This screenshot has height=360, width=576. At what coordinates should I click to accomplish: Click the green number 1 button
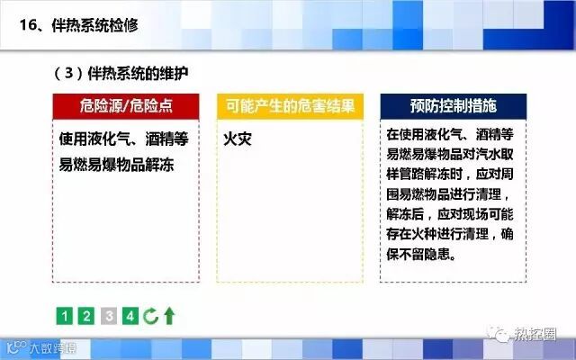64,316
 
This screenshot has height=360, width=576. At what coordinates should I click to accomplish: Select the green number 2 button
86,316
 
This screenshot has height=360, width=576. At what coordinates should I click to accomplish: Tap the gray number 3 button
109,316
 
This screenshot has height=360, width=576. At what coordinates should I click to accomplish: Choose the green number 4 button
130,316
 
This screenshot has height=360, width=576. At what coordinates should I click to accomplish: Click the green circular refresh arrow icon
150,316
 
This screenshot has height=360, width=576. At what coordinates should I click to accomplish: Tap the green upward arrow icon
169,316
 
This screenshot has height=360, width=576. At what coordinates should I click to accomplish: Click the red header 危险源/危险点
126,106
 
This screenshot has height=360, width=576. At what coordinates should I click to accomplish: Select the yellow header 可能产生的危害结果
290,106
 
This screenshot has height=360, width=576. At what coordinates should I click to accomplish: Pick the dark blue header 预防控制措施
454,106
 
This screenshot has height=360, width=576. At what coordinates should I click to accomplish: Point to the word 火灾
238,139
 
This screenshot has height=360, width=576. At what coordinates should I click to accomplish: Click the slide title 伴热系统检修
94,25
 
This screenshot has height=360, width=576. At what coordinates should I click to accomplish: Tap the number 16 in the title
28,25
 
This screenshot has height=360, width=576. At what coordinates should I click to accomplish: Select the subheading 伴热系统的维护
138,74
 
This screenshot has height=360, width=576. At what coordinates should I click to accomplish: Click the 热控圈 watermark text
535,334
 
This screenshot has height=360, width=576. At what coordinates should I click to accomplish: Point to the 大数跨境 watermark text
52,348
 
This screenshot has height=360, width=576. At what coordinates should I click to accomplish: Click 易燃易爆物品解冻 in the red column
116,165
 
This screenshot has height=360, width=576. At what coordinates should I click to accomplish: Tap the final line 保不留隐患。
421,254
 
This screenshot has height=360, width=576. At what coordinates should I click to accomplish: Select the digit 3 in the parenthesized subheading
68,73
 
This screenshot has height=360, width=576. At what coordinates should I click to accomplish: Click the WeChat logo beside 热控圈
499,334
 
